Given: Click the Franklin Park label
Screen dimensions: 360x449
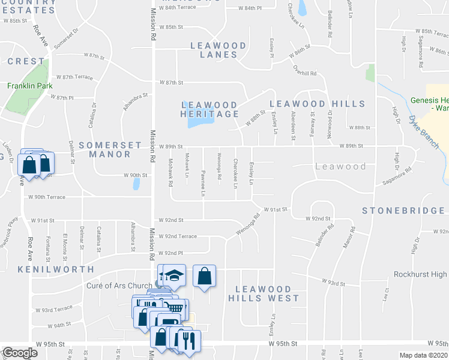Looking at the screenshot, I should pos(26,86).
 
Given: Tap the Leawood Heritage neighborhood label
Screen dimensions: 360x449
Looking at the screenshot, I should pos(210,109).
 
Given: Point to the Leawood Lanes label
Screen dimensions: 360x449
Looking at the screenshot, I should pos(218,50).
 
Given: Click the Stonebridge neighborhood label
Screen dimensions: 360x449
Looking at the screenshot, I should pos(403,211).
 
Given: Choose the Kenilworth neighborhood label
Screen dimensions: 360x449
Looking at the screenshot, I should pos(56,269).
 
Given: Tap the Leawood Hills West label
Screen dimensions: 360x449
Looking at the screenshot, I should pos(264,293).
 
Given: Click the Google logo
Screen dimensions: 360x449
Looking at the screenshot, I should pos(20,353).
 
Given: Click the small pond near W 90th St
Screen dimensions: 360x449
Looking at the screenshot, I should pos(137,184).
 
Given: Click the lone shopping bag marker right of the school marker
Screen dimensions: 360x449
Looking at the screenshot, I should pos(205,277).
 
